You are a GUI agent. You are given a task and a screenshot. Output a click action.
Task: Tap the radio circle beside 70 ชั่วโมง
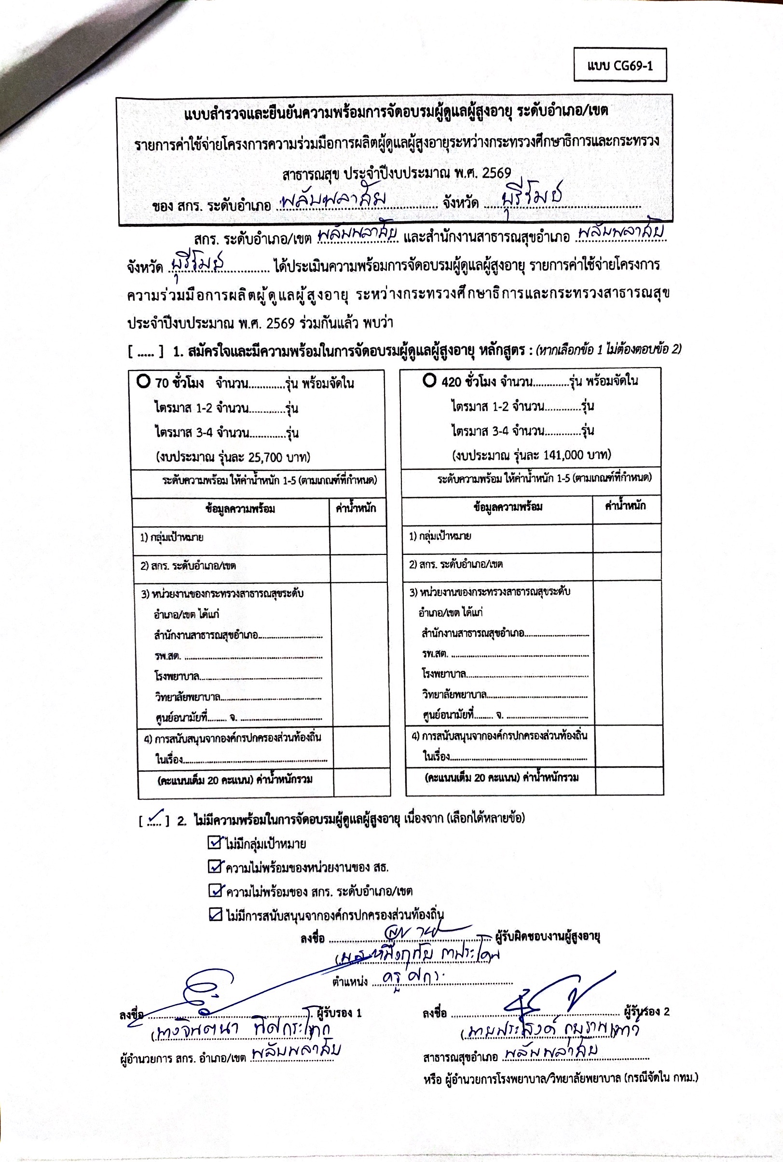coord(143,382)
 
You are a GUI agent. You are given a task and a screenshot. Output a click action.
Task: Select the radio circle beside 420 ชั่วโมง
coord(429,381)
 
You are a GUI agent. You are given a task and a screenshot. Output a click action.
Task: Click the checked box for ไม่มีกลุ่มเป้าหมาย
coord(214,843)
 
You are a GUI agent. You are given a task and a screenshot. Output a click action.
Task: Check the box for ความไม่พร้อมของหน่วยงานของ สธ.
coord(215,866)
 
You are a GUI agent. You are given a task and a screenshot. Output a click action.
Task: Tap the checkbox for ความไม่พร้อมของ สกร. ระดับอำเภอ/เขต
coord(215,890)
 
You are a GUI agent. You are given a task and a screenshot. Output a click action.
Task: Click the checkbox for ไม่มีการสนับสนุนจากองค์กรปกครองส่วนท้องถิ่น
coord(215,915)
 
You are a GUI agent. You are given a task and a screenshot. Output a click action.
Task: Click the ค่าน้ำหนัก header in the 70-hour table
coord(356,509)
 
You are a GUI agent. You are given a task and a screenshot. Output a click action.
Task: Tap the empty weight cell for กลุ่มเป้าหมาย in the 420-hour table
coord(627,537)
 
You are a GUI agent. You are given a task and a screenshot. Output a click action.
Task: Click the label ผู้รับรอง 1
coord(339,1013)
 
